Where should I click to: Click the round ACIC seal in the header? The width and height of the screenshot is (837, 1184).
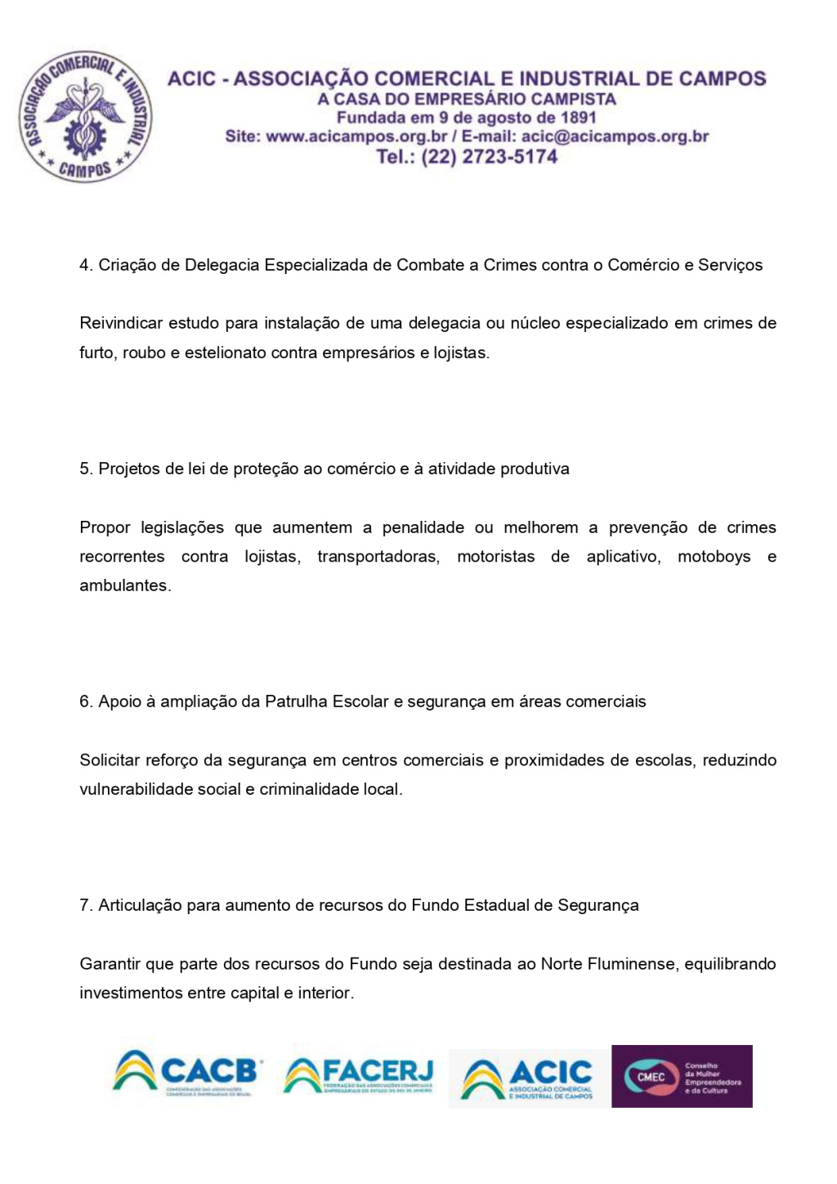tap(86, 117)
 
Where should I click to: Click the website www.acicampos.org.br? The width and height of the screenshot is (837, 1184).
tap(356, 137)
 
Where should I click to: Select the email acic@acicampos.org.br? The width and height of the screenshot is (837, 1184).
tap(615, 137)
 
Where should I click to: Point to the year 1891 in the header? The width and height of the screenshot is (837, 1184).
tap(578, 118)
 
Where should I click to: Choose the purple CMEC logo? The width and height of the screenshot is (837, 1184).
tap(682, 1077)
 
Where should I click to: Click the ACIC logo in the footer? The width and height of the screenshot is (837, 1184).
tap(528, 1079)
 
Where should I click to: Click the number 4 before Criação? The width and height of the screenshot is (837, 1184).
tap(84, 265)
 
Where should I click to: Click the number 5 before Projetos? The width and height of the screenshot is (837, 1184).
tap(84, 469)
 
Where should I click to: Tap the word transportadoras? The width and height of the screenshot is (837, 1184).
tap(378, 557)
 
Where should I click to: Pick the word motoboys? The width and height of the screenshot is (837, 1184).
tap(714, 557)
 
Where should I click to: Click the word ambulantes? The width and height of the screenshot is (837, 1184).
tap(124, 585)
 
